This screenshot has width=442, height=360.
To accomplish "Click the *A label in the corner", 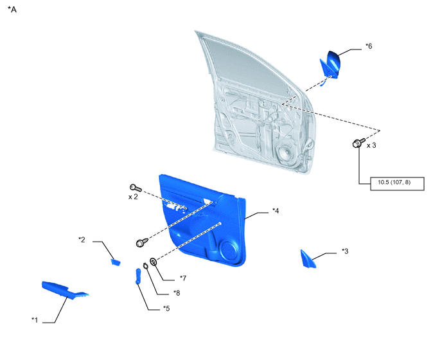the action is point(12,10).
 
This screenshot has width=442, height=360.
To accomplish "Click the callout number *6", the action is point(369,46).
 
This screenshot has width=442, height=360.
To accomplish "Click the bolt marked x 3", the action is point(358,143).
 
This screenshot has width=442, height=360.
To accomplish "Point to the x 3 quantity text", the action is point(371,145).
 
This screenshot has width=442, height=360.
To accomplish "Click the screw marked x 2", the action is point(136,188).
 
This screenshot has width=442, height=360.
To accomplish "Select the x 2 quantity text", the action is point(133,197).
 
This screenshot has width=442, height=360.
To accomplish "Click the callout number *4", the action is point(276,211).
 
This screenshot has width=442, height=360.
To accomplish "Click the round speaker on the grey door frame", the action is point(285,154).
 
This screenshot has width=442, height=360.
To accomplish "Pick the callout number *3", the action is point(345,251).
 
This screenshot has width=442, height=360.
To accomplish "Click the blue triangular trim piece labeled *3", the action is point(308,259).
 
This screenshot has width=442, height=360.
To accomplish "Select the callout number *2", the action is point(82,240).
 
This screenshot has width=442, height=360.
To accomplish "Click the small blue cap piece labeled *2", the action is point(115,262).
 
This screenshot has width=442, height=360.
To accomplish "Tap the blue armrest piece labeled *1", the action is point(65,290).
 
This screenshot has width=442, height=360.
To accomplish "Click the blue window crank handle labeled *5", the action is point(138,276).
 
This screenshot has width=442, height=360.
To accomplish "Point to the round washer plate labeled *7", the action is point(154,262).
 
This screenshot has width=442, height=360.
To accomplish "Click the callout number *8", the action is point(177,293).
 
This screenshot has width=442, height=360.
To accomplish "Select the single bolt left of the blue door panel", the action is point(142,242).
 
